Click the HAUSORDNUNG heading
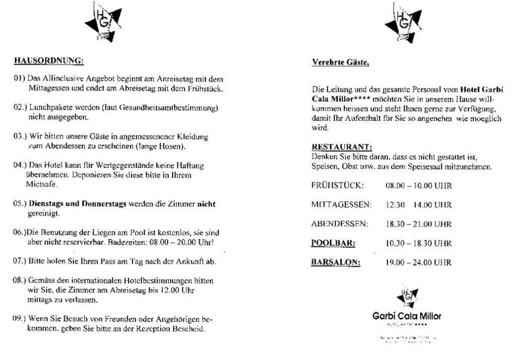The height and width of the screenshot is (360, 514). click(49, 61)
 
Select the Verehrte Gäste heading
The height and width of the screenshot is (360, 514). click(340, 62)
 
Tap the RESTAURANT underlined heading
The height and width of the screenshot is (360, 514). click(341, 147)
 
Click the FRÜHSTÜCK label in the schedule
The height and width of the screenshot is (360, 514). click(337, 186)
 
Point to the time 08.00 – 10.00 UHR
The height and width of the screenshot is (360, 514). click(418, 186)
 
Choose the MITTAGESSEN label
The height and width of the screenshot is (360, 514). click(341, 204)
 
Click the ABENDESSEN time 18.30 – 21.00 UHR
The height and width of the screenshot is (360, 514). click(418, 224)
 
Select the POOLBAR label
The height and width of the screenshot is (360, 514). click(333, 243)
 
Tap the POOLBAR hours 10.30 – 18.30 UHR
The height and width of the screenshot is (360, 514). click(418, 243)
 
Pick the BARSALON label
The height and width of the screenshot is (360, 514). click(336, 262)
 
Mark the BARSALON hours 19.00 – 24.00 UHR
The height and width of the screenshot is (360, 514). click(418, 262)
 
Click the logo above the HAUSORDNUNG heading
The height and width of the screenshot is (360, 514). click(103, 22)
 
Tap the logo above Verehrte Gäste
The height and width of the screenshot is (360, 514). click(403, 23)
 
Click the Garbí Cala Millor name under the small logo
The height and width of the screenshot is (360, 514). click(407, 316)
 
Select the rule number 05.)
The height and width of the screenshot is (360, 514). click(20, 204)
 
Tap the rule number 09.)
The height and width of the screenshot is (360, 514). click(20, 318)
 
